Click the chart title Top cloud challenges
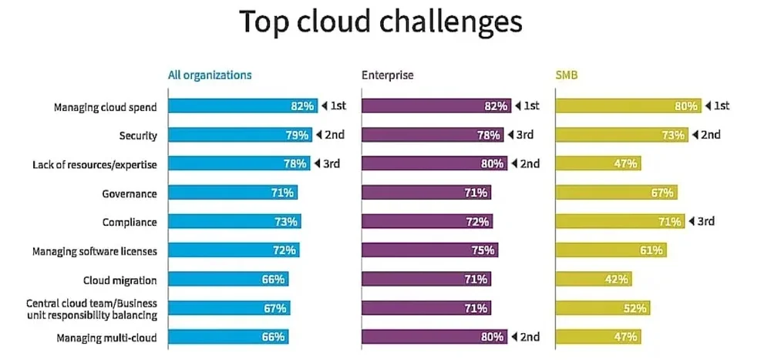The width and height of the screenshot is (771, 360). pyautogui.click(x=381, y=23)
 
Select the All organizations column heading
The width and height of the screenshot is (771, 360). pyautogui.click(x=210, y=76)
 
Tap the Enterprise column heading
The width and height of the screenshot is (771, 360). pyautogui.click(x=387, y=76)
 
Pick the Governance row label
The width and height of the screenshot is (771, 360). pyautogui.click(x=130, y=193)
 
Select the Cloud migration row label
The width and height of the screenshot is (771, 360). pyautogui.click(x=120, y=280)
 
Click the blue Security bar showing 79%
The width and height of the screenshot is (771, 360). pyautogui.click(x=239, y=135)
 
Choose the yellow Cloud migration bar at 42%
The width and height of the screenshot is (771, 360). pyautogui.click(x=592, y=279)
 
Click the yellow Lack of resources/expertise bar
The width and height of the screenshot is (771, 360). pyautogui.click(x=598, y=163)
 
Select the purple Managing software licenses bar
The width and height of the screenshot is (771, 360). pyautogui.click(x=429, y=250)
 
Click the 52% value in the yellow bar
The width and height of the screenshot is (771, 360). pyautogui.click(x=635, y=308)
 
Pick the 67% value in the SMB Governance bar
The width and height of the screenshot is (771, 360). pyautogui.click(x=662, y=193)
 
